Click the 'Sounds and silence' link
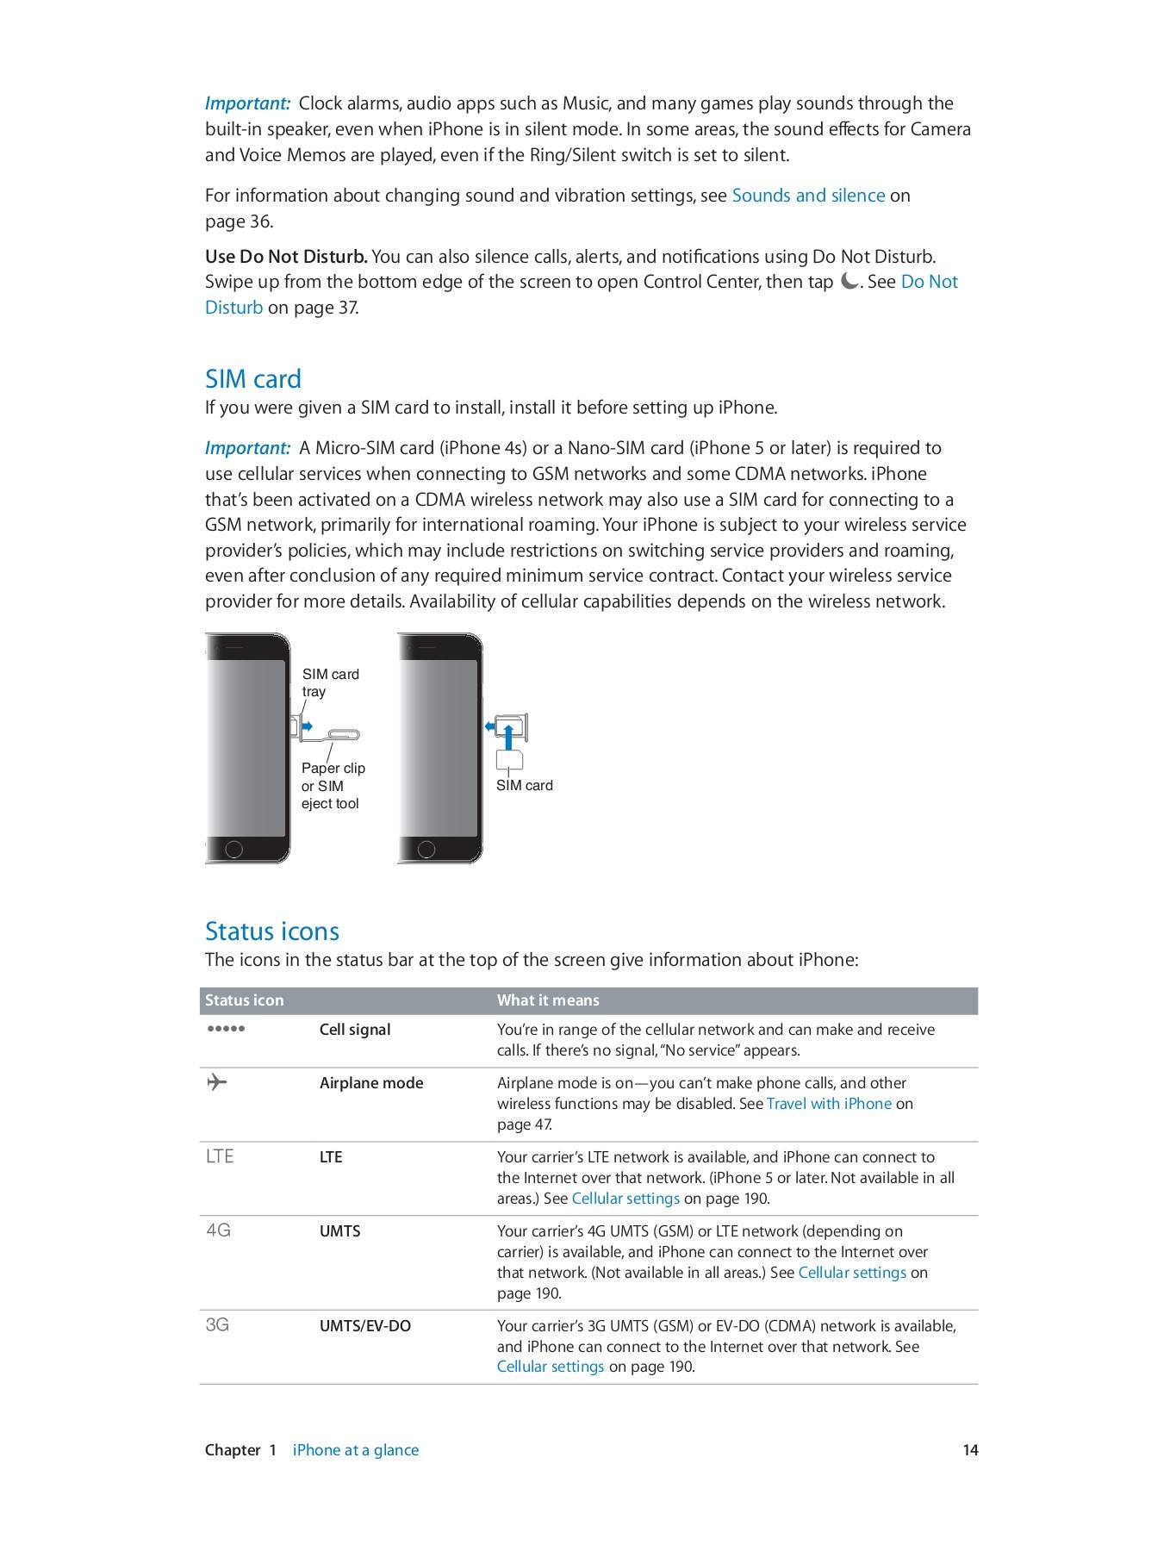click(808, 196)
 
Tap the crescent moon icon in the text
click(849, 282)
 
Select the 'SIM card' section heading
click(252, 379)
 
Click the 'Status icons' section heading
click(271, 931)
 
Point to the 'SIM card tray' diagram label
click(330, 682)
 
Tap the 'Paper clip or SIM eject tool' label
click(333, 786)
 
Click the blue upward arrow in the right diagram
click(508, 738)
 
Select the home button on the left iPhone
click(233, 850)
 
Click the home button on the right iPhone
click(426, 850)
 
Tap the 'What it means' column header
click(548, 1000)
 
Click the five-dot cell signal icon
click(226, 1029)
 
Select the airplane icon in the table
click(217, 1081)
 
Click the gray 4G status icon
click(219, 1230)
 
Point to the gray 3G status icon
click(217, 1324)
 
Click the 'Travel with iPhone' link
click(829, 1104)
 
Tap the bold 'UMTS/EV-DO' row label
click(364, 1326)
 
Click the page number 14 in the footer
click(970, 1450)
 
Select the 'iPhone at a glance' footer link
click(355, 1450)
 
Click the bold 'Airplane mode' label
click(371, 1083)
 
